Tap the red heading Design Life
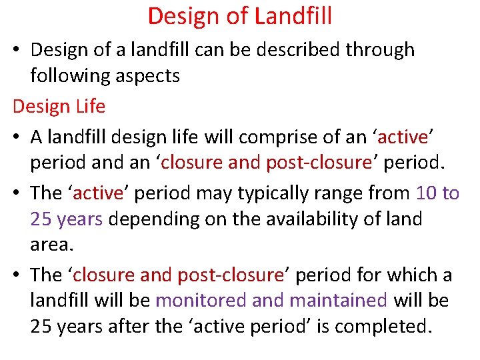[x=59, y=106]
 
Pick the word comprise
[x=270, y=137]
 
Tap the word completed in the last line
[x=393, y=327]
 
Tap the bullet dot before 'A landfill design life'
[x=18, y=137]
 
